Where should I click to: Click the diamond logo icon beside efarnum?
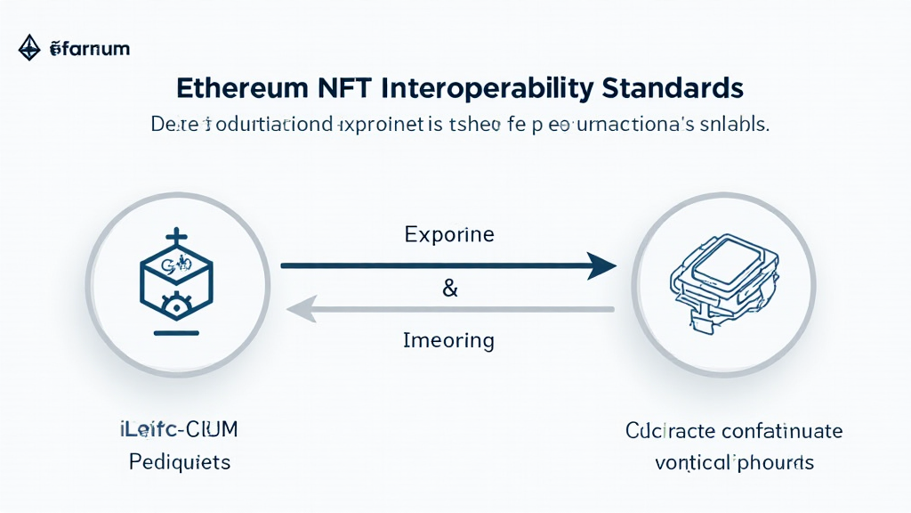(30, 48)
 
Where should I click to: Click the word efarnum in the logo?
(90, 49)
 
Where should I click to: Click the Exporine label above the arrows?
(448, 236)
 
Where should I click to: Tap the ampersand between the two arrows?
(449, 289)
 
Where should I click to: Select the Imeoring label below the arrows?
(448, 340)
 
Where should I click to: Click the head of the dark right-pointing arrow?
(602, 265)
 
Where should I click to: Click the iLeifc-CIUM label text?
(179, 431)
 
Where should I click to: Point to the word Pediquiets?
(179, 462)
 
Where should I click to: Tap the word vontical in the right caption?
(691, 462)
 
